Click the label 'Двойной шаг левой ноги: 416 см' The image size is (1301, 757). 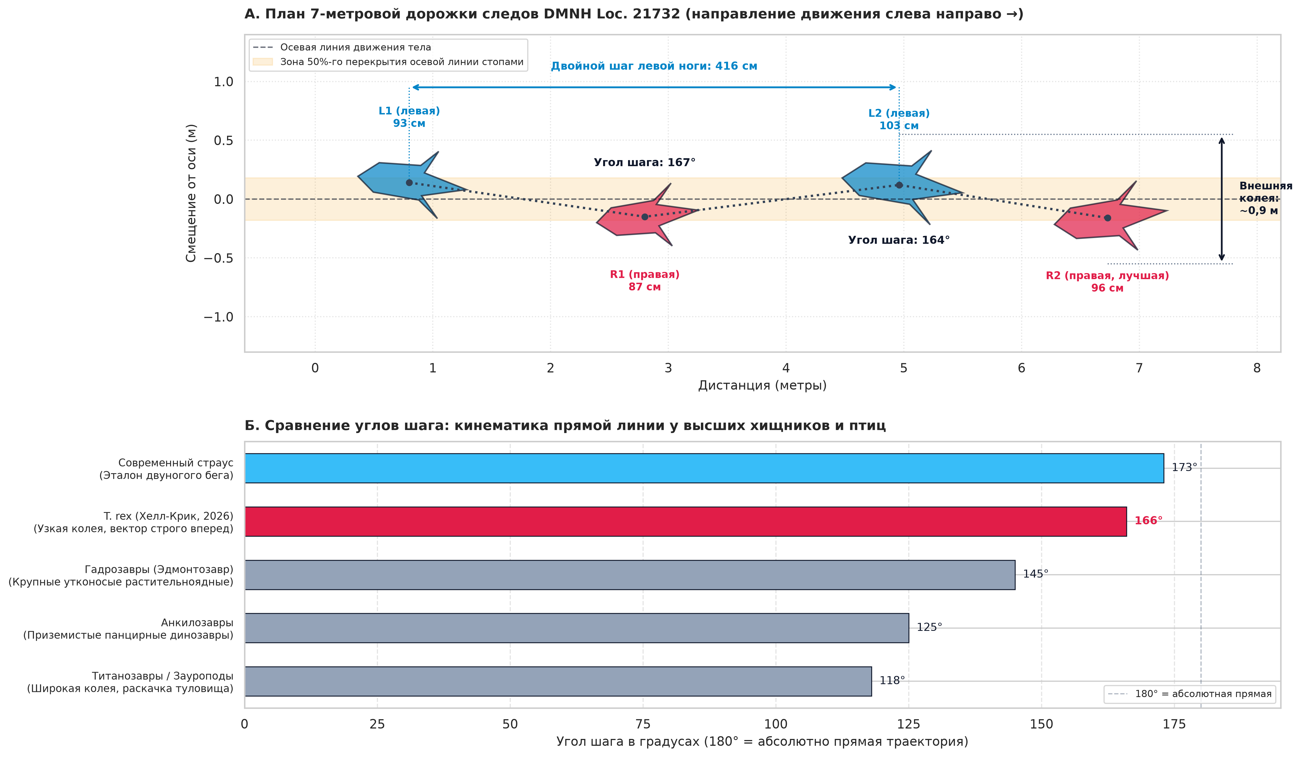click(654, 66)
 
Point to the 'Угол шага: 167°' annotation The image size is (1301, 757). click(644, 163)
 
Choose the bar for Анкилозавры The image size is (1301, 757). click(577, 628)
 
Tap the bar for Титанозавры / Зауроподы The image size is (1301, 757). click(558, 681)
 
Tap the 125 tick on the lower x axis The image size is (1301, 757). click(909, 724)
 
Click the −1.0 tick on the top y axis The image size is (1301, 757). click(218, 317)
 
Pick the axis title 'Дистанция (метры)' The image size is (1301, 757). click(762, 385)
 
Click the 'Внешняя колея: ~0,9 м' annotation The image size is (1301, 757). click(1265, 198)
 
